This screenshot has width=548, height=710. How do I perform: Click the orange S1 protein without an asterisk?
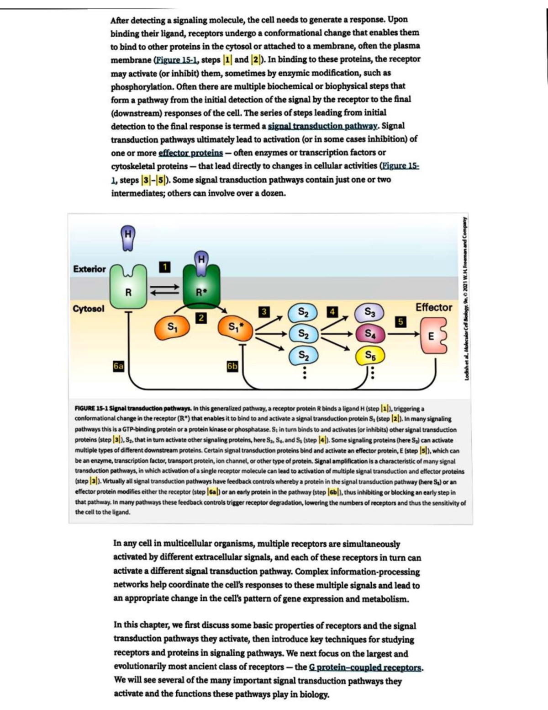(171, 327)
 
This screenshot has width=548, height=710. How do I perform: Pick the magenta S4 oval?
(370, 334)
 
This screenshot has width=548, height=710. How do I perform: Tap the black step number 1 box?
(166, 267)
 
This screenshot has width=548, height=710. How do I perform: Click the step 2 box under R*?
(201, 318)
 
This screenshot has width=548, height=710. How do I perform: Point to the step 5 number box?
(400, 321)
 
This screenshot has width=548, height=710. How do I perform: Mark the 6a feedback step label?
(119, 366)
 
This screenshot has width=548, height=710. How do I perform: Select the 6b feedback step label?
(232, 366)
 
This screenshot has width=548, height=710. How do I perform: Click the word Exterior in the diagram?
(90, 269)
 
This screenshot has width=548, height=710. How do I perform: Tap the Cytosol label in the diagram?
(89, 309)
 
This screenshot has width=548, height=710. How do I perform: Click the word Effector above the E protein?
(433, 308)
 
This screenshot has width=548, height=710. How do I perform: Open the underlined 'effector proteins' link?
(190, 153)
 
